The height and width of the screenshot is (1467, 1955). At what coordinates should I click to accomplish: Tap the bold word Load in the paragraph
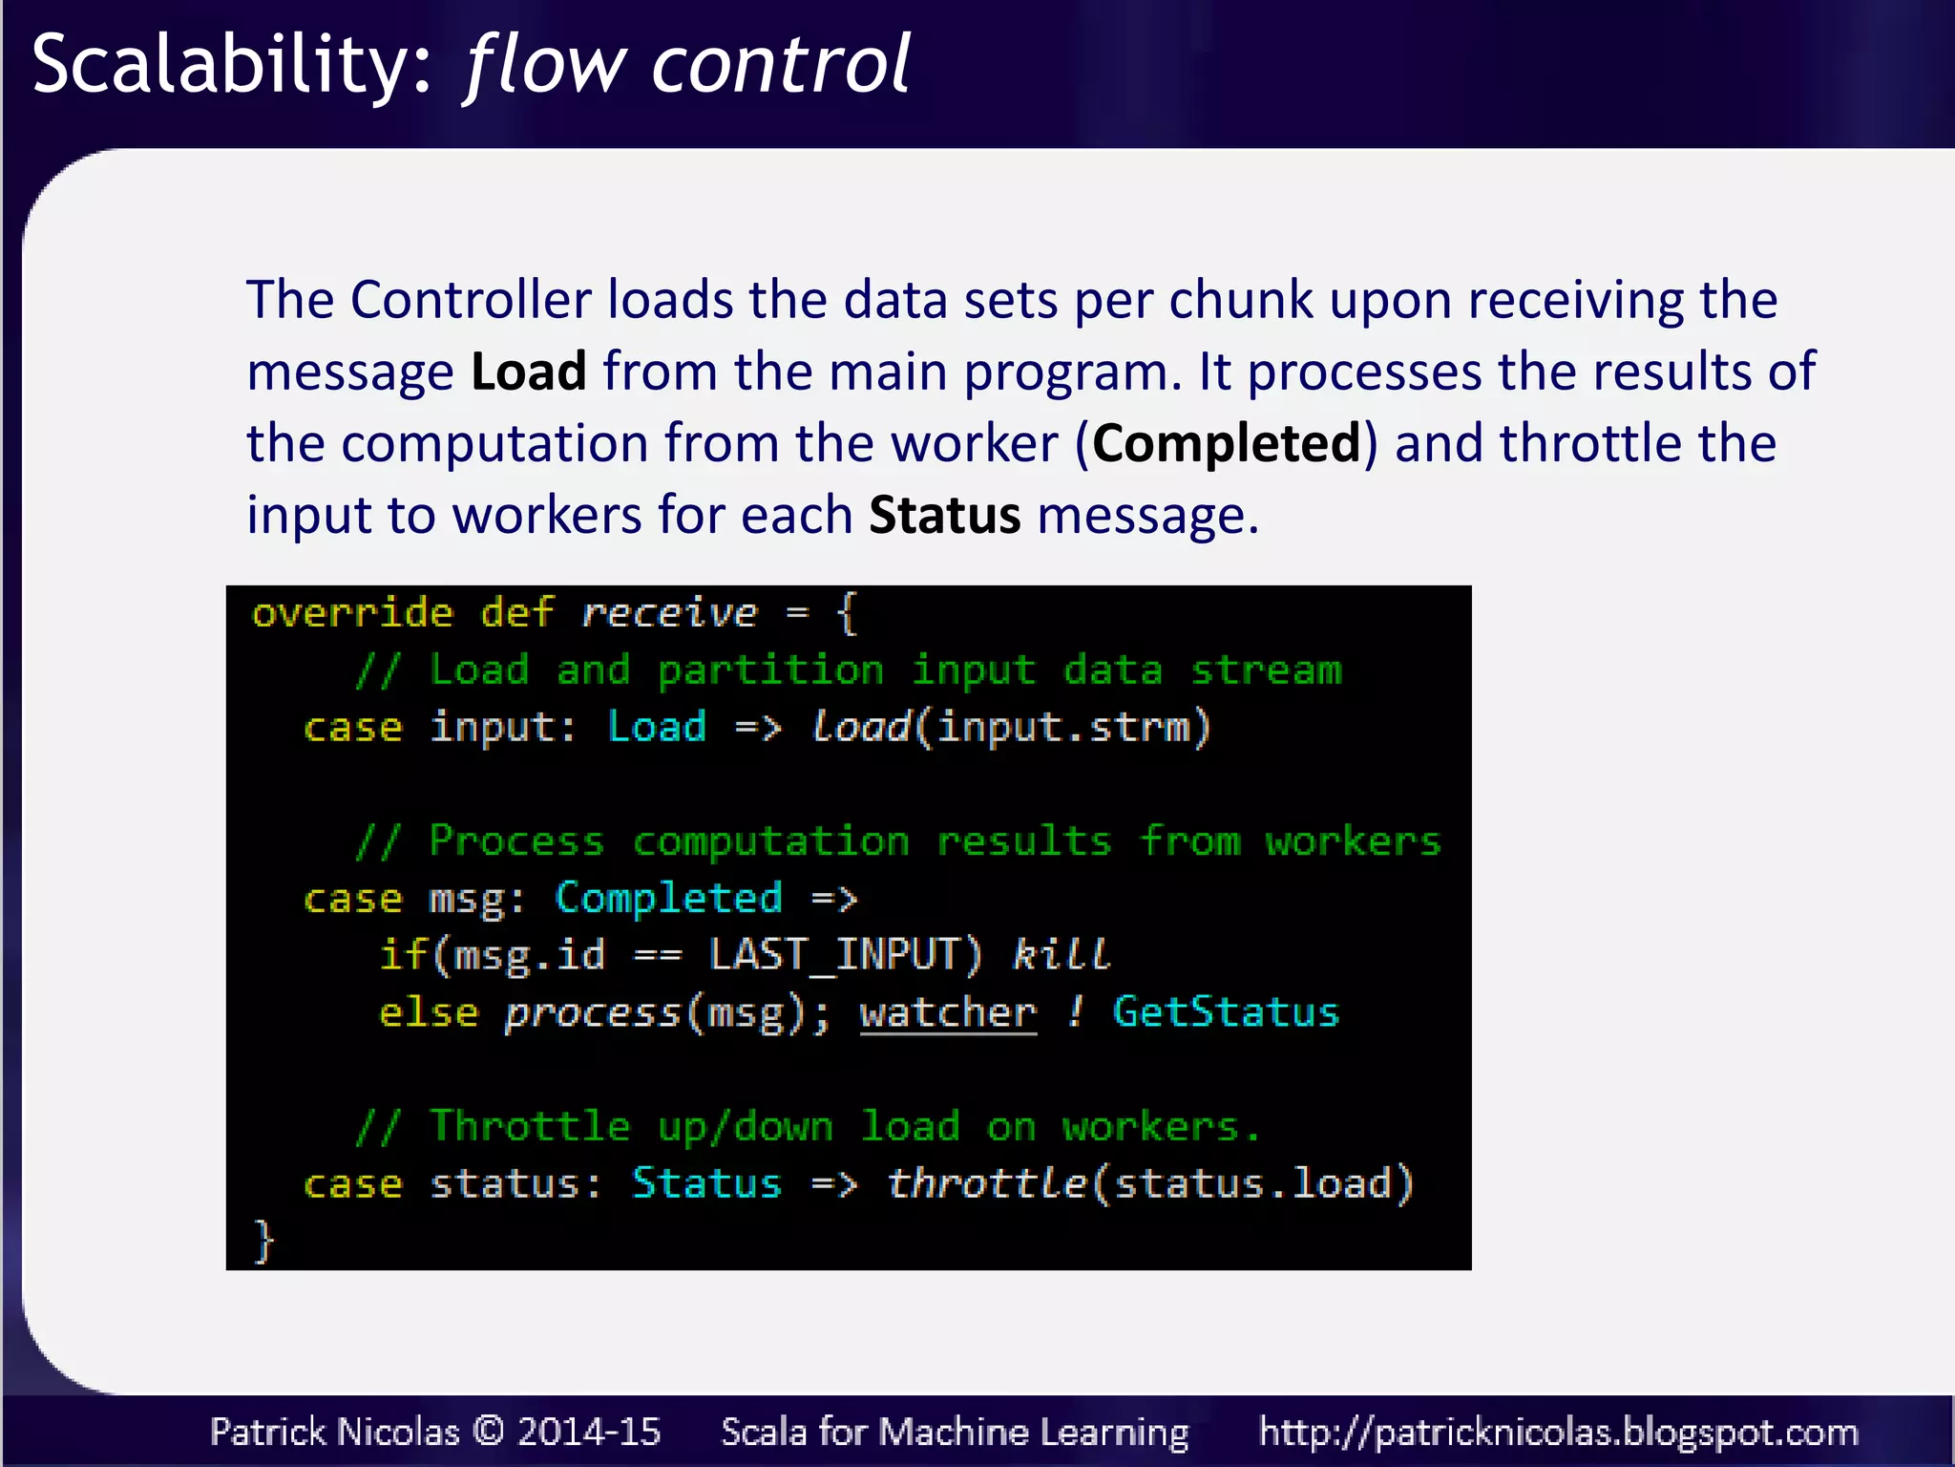coord(528,371)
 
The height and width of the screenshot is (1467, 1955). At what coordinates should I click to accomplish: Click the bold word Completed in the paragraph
coord(1226,443)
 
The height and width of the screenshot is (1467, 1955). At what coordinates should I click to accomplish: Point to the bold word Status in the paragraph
coord(944,515)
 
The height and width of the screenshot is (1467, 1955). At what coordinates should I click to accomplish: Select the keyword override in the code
coord(352,613)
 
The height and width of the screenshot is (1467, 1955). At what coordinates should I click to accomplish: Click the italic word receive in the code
coord(669,613)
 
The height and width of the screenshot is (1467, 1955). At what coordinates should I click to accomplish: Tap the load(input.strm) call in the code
coord(1010,727)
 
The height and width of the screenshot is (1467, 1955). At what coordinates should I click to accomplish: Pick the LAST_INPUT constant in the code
coord(845,954)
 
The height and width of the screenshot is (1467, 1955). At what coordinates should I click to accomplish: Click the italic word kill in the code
coord(1061,954)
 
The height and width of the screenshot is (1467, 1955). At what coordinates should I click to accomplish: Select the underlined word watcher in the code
coord(947,1012)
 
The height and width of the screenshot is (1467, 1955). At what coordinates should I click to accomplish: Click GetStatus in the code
coord(1226,1012)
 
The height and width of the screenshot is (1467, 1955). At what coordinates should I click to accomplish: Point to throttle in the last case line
coord(987,1183)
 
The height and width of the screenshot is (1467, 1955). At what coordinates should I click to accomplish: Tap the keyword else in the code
coord(429,1012)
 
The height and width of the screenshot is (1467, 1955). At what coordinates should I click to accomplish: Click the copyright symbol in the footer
coord(488,1432)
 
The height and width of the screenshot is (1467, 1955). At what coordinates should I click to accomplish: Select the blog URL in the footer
coord(1558,1432)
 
